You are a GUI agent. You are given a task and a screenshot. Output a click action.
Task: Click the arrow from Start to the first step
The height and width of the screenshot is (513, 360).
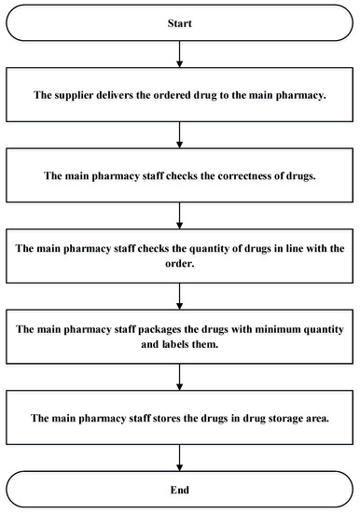180,61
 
